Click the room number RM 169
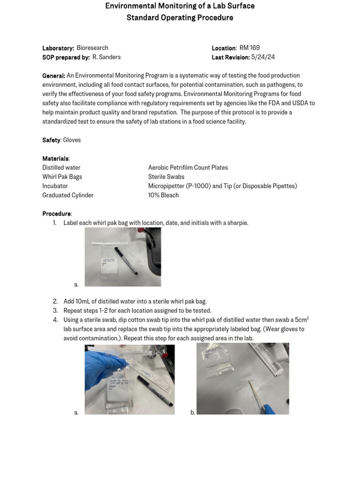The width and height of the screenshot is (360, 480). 249,48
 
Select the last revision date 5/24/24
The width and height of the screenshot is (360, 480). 263,57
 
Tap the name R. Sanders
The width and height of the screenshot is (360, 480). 106,57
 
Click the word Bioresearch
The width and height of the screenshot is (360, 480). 92,48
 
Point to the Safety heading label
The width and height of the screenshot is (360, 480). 51,140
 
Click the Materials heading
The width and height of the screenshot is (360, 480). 55,158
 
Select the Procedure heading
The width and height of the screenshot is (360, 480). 56,214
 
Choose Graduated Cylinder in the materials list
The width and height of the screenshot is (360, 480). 68,195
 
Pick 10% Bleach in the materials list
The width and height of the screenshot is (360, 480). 163,195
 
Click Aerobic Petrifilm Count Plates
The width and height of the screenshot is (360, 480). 188,168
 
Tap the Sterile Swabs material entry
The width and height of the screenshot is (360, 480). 166,177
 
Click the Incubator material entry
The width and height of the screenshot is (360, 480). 55,186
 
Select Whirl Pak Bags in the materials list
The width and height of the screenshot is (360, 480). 62,177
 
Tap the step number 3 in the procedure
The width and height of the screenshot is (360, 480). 55,311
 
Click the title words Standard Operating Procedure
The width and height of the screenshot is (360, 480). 180,18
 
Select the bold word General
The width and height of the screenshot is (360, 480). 53,76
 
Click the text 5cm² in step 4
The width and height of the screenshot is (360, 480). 301,320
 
